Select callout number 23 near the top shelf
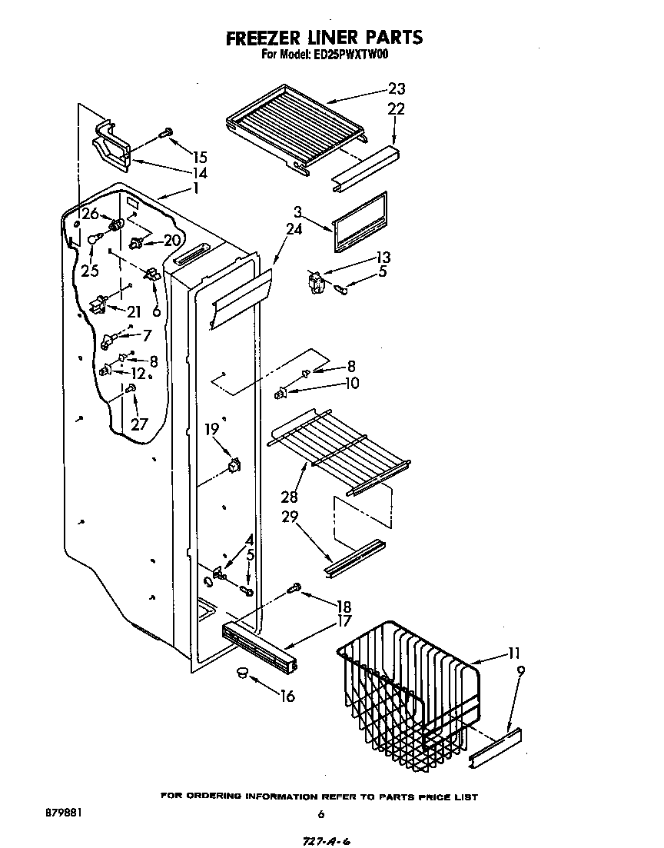[x=397, y=88]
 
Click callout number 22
[x=396, y=110]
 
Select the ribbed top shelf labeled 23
[x=296, y=127]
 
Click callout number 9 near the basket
[x=521, y=671]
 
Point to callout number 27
[x=138, y=424]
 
